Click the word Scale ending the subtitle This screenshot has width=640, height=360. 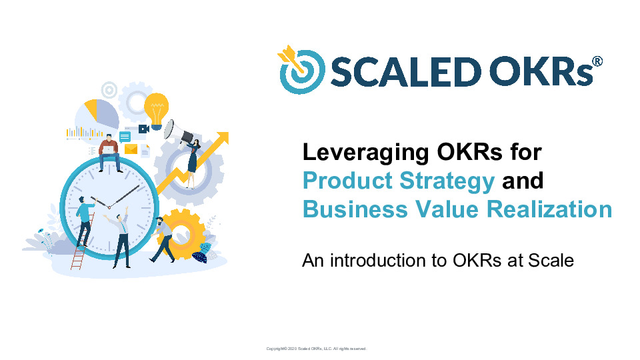click(x=551, y=260)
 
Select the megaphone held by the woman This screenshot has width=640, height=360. click(x=175, y=130)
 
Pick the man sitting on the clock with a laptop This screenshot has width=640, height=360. click(x=109, y=152)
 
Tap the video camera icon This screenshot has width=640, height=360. click(x=143, y=128)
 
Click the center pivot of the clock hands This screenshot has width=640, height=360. click(x=109, y=208)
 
